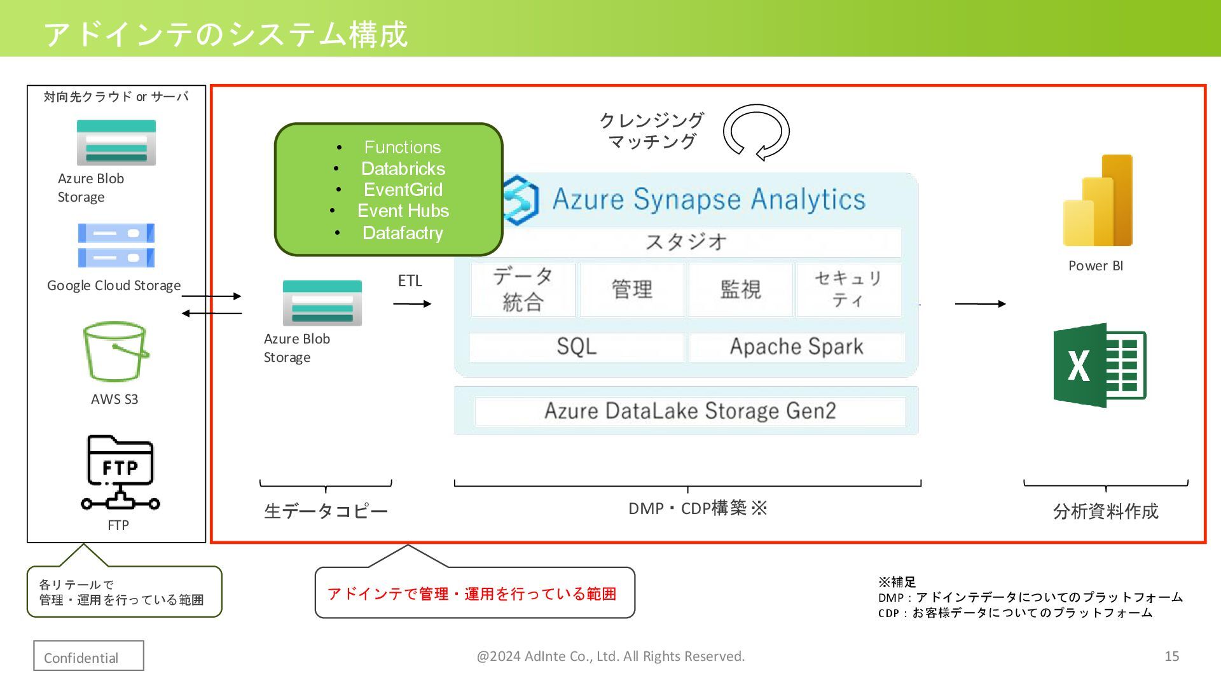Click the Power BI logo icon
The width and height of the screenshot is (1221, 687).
click(x=1098, y=200)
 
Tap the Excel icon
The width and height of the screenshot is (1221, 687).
click(x=1100, y=365)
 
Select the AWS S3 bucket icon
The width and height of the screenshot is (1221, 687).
click(x=116, y=352)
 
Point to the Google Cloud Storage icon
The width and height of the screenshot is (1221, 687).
click(x=116, y=246)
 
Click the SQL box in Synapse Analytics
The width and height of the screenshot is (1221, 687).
click(x=576, y=347)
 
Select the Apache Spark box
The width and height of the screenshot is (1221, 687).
click(x=796, y=347)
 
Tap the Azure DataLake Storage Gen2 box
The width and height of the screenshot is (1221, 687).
click(x=690, y=411)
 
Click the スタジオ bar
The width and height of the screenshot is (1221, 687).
click(x=686, y=242)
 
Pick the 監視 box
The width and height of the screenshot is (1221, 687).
click(x=740, y=289)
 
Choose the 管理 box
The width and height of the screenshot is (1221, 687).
click(x=631, y=289)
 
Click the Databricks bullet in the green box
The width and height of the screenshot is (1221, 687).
click(x=403, y=169)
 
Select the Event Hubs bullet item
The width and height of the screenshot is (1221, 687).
click(x=403, y=211)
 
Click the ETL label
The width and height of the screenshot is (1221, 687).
click(x=410, y=281)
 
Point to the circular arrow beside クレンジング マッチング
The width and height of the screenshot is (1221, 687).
click(x=756, y=132)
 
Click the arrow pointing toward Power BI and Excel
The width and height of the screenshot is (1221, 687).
click(x=980, y=304)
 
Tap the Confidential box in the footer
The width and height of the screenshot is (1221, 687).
click(x=88, y=656)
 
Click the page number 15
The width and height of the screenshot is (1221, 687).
click(x=1171, y=656)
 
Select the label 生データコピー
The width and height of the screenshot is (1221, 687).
click(x=326, y=511)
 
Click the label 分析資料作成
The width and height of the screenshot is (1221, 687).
click(x=1105, y=511)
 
